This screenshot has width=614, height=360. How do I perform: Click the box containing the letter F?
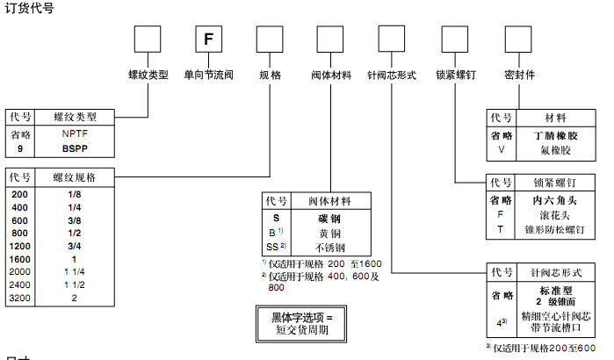[x=207, y=40]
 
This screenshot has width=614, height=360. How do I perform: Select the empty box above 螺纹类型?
[x=147, y=40]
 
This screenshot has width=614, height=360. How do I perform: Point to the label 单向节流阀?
[x=208, y=76]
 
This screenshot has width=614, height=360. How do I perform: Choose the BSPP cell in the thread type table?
[x=76, y=149]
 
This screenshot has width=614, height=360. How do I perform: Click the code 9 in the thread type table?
[x=19, y=149]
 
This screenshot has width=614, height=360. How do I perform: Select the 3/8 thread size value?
[x=76, y=220]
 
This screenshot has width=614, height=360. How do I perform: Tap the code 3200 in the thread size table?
[x=19, y=299]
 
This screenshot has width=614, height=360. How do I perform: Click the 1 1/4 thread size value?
[x=76, y=272]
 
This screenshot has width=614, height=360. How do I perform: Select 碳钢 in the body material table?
[x=329, y=218]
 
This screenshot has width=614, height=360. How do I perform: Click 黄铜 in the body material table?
[x=329, y=232]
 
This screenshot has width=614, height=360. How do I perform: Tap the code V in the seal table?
[x=502, y=149]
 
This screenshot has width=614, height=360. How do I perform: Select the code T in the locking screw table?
[x=501, y=228]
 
